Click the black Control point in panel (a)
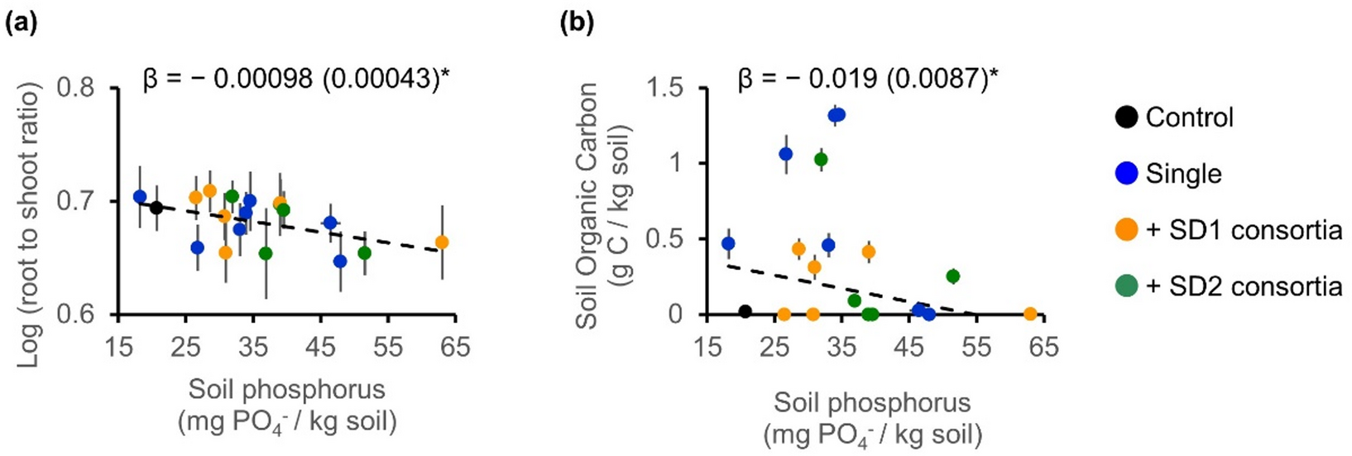tap(156, 208)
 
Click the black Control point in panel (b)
tap(745, 311)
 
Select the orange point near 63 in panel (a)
tap(442, 242)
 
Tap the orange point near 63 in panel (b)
tap(1030, 314)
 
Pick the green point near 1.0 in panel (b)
tap(821, 159)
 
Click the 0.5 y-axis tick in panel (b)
tap(677, 239)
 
